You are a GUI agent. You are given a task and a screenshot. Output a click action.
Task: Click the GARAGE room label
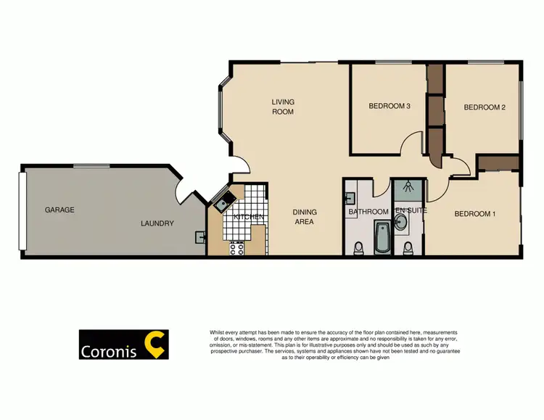point(59,210)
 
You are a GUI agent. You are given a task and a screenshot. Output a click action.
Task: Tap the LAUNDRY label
point(157,223)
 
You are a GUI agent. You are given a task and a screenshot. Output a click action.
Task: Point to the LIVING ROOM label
point(283,107)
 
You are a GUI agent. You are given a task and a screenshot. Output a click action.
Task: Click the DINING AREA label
point(305,217)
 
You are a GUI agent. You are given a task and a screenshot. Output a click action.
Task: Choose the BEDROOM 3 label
point(390,106)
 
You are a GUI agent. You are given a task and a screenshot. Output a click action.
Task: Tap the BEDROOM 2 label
point(485,107)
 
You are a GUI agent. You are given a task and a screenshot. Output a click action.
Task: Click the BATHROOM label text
point(368,212)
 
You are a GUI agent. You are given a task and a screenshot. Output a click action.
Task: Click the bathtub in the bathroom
point(382,236)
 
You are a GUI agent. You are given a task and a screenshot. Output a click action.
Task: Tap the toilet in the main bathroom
point(356,250)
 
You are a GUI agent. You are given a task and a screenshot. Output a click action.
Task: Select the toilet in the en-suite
point(408,249)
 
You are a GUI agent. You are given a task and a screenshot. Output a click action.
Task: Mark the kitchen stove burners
point(236,247)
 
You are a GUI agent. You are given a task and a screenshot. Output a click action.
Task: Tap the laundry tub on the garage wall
point(199,236)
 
